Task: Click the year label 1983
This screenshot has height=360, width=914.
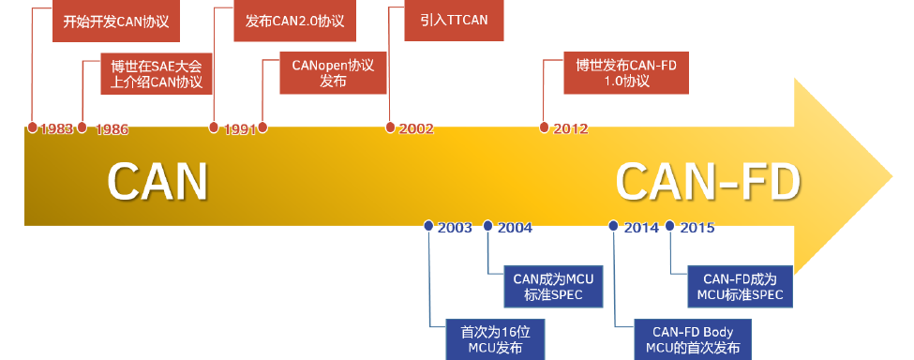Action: [x=56, y=128]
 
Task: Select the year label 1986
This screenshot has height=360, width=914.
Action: [x=112, y=129]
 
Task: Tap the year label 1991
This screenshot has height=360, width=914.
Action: [x=240, y=129]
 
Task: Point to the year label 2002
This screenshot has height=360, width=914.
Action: [x=416, y=128]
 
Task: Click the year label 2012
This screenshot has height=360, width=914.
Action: [x=570, y=128]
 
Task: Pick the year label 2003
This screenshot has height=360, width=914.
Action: [x=455, y=227]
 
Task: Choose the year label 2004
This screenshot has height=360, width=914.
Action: [x=515, y=227]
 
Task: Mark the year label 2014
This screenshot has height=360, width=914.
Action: [x=641, y=227]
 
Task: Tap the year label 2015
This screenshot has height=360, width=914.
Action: [x=697, y=227]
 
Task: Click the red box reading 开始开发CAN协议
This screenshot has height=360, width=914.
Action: [x=116, y=21]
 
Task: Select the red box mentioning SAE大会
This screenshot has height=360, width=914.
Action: [x=157, y=74]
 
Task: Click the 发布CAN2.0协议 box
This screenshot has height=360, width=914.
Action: [x=295, y=21]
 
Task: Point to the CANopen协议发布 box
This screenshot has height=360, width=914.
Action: [x=333, y=73]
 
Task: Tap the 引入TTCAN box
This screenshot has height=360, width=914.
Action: [x=454, y=21]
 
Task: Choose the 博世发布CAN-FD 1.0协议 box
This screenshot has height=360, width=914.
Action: [x=626, y=73]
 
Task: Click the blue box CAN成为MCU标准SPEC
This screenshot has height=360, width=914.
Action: [x=553, y=287]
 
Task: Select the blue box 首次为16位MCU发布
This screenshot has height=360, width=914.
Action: [x=496, y=339]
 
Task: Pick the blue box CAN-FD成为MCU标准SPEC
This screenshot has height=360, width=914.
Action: [x=741, y=287]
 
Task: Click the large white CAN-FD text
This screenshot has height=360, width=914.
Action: [x=709, y=182]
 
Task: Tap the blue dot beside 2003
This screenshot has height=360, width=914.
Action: [x=428, y=225]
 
